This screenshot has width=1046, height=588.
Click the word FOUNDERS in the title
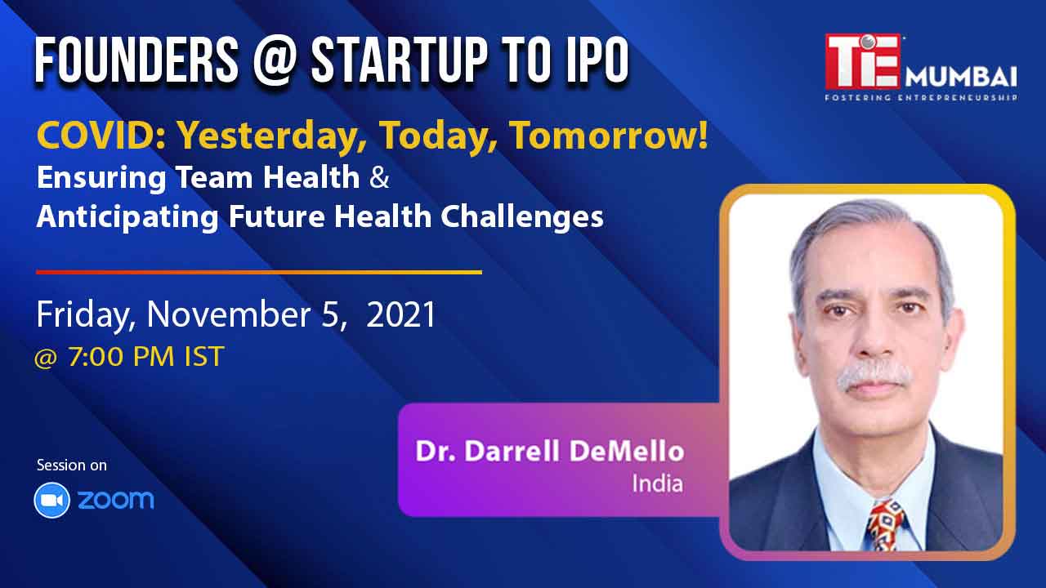coord(136,60)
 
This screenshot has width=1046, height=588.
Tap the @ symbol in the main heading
coord(275,61)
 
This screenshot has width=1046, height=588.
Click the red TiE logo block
coord(862,61)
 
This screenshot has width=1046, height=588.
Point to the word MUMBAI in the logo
coord(961,77)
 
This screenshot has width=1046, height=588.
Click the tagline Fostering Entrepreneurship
coord(921,97)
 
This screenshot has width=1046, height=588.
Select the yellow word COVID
coord(101,136)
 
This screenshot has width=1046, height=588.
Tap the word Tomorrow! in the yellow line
coord(609,136)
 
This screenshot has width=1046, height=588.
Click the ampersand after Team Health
coord(379,177)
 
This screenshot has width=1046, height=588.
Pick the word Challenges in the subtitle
coord(522,217)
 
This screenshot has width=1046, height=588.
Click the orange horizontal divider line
coord(259,272)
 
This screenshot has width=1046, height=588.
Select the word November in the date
coord(229,314)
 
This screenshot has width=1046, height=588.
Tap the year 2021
coord(400,314)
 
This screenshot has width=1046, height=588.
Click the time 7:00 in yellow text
coord(96,357)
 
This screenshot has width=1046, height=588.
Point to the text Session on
coord(72,465)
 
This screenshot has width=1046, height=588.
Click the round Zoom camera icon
coord(51,501)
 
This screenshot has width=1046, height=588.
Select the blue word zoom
coord(116,500)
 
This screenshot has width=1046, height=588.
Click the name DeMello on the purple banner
coord(627,452)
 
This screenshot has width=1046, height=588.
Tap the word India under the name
coord(658,483)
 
